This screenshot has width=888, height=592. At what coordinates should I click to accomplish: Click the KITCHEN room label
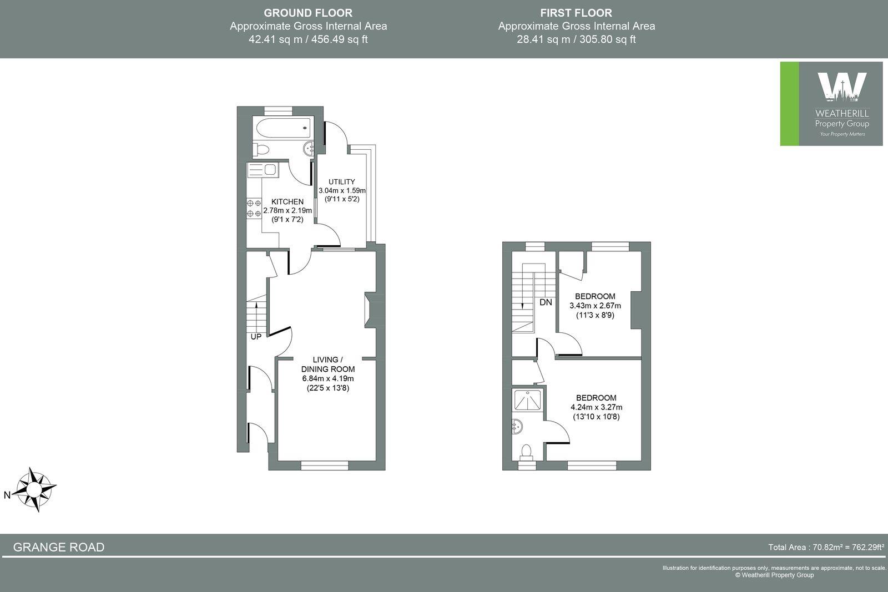tap(287, 202)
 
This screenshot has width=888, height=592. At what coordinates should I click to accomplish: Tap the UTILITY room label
tap(341, 182)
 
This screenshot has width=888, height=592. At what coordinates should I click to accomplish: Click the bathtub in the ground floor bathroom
tap(282, 128)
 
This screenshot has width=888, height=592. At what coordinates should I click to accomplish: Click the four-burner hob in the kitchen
tap(254, 209)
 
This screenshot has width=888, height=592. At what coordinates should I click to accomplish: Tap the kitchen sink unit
tap(263, 170)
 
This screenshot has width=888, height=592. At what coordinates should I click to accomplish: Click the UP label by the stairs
tap(256, 337)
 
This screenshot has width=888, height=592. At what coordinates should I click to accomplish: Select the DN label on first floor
tap(546, 302)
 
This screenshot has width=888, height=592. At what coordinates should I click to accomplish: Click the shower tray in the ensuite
tap(527, 400)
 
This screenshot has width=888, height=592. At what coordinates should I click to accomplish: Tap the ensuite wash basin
tap(517, 427)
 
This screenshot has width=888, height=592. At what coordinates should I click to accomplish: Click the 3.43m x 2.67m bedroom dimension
tap(595, 306)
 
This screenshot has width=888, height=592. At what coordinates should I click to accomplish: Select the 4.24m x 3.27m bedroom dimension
tap(596, 407)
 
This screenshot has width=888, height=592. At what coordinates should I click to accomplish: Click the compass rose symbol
tap(35, 490)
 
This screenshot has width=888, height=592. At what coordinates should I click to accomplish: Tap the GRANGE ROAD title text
tap(59, 547)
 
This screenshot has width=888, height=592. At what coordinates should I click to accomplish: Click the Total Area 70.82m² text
tap(825, 547)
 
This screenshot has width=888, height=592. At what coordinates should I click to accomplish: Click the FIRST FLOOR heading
tap(576, 13)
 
